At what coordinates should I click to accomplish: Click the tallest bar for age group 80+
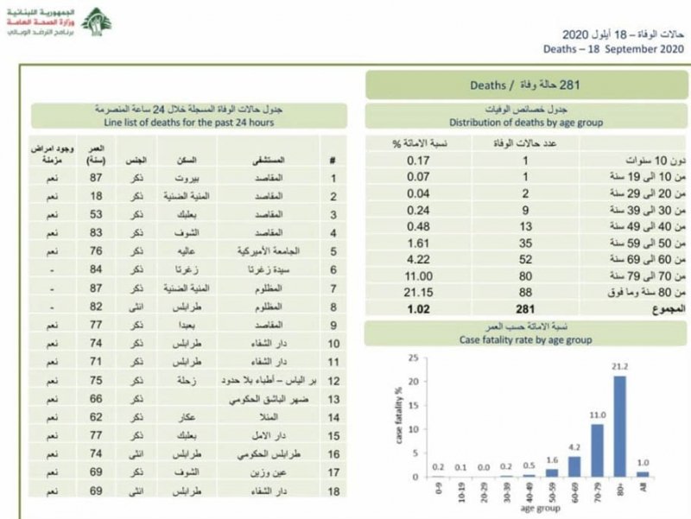point(619,427)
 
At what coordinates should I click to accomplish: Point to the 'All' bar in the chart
point(642,474)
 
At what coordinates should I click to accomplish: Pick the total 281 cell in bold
point(514,308)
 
